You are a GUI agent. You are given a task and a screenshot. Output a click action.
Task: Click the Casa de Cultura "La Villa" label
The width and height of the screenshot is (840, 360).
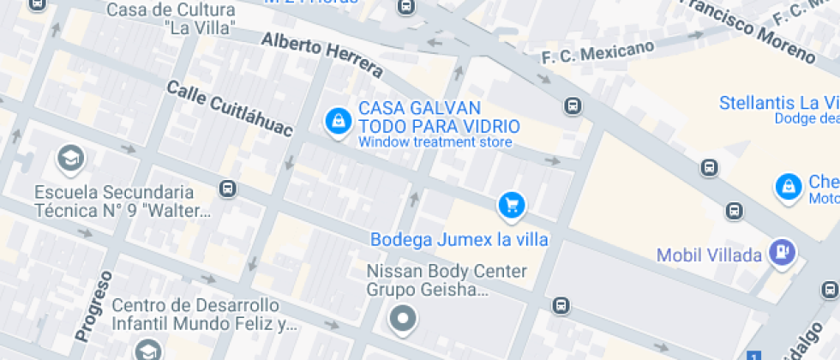click(x=171, y=18)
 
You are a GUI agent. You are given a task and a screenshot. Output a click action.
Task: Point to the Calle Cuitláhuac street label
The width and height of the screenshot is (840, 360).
click(x=229, y=109)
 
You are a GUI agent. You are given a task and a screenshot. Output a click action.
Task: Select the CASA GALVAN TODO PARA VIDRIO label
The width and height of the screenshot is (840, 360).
click(x=439, y=117)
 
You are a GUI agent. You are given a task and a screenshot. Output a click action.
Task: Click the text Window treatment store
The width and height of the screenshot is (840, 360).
click(x=435, y=142)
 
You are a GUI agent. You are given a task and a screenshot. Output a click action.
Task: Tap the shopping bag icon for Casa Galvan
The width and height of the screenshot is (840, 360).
click(x=338, y=121)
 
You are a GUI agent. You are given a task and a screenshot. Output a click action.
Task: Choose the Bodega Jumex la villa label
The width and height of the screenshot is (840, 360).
click(x=459, y=239)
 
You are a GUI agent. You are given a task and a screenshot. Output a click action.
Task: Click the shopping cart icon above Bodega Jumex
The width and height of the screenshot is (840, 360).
click(x=512, y=204)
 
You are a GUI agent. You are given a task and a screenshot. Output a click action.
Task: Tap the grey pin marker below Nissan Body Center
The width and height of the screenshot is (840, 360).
click(x=402, y=320)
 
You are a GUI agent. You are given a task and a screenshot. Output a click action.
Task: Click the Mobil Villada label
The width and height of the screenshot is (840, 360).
click(x=709, y=255)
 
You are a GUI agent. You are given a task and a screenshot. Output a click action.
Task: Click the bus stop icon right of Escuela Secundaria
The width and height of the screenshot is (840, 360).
click(x=227, y=188)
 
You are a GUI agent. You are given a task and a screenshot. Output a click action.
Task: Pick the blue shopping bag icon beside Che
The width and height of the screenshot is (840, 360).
click(x=787, y=187)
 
